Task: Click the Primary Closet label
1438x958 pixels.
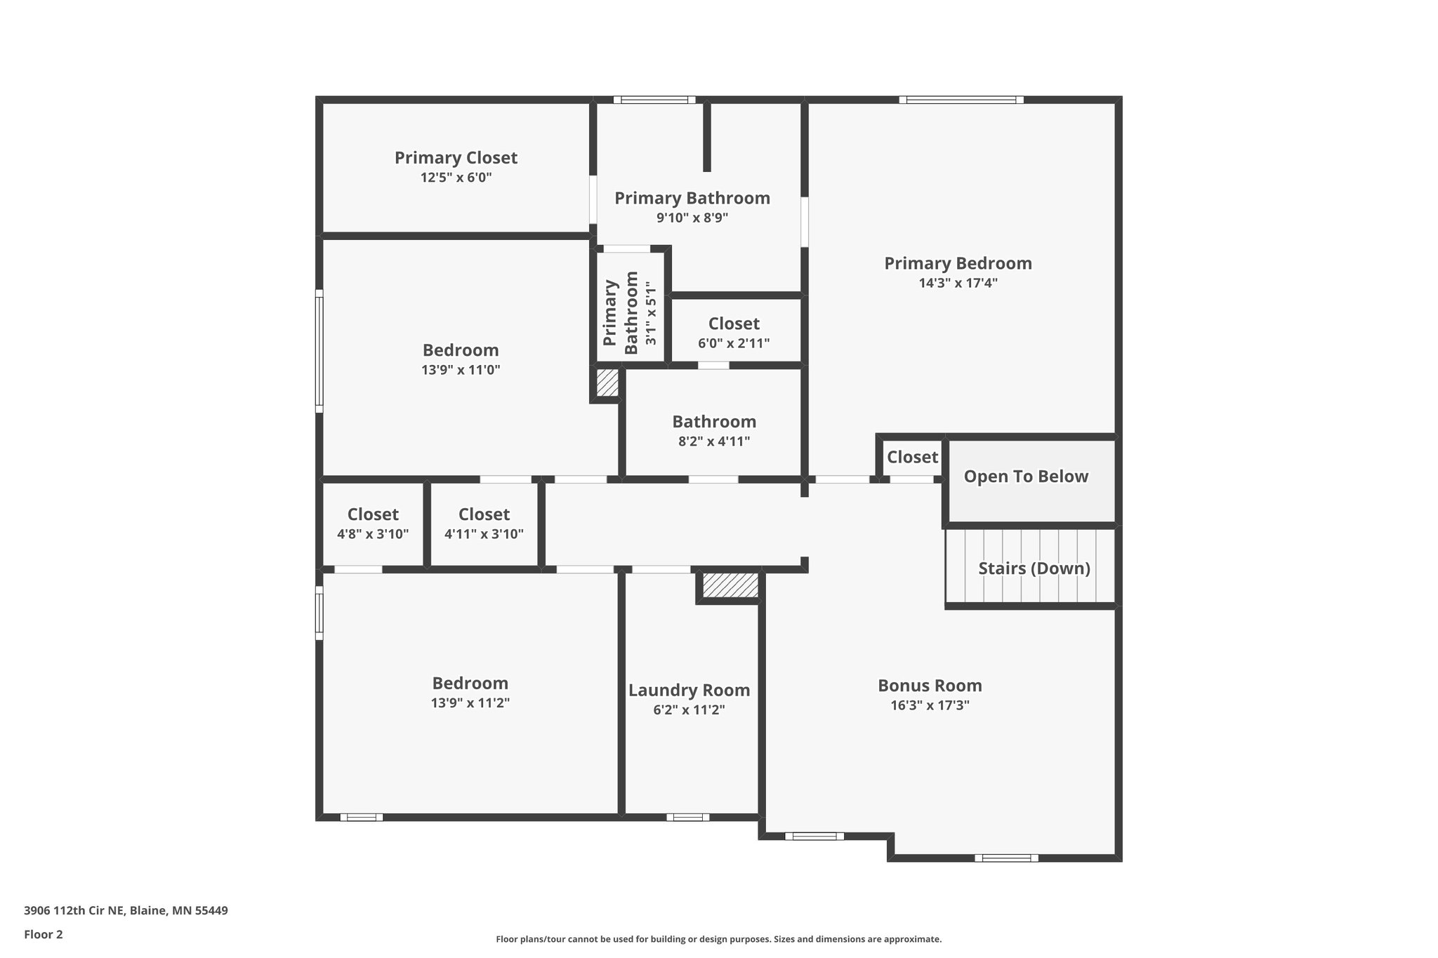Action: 456,158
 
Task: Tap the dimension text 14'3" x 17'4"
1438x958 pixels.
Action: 958,284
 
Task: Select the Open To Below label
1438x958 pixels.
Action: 1025,477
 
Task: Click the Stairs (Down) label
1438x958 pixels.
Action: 1034,568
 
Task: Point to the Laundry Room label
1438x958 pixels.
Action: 689,691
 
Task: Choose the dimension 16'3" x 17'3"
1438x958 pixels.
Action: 930,706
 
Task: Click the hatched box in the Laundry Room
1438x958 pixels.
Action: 730,585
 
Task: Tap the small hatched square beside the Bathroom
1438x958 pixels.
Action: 607,383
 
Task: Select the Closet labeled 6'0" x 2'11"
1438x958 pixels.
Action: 734,324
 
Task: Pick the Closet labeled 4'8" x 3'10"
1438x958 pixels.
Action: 373,515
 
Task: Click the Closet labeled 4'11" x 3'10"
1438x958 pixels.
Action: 484,515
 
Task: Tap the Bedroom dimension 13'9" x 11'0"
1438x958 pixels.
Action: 461,371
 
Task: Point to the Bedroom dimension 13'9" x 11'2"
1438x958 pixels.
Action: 470,703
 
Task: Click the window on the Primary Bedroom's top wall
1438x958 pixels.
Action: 961,100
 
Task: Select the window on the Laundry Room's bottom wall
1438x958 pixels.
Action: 687,817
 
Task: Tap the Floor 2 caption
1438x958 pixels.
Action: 44,934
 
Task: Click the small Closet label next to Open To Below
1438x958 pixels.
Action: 912,458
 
